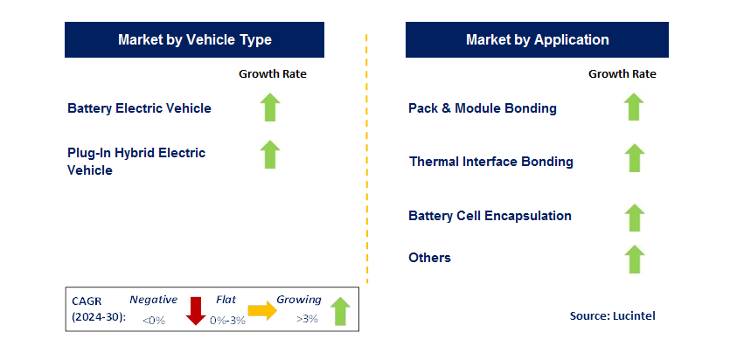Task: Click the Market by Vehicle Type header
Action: point(194,40)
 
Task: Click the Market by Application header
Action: point(537,40)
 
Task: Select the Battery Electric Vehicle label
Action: point(139,108)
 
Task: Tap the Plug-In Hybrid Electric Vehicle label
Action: point(136,162)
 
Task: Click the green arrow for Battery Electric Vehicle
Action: point(270,107)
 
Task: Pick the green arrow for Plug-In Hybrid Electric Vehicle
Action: point(270,154)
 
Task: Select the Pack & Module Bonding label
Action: point(482,108)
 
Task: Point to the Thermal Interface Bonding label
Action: point(490,162)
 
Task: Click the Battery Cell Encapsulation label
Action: point(490,216)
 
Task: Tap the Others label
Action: point(429,258)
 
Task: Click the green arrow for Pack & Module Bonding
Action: point(634,107)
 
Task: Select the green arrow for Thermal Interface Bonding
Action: point(634,158)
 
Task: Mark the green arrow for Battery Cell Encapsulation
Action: point(634,217)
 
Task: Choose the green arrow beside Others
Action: point(634,259)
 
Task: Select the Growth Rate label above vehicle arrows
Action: point(273,74)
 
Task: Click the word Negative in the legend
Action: point(153,300)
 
